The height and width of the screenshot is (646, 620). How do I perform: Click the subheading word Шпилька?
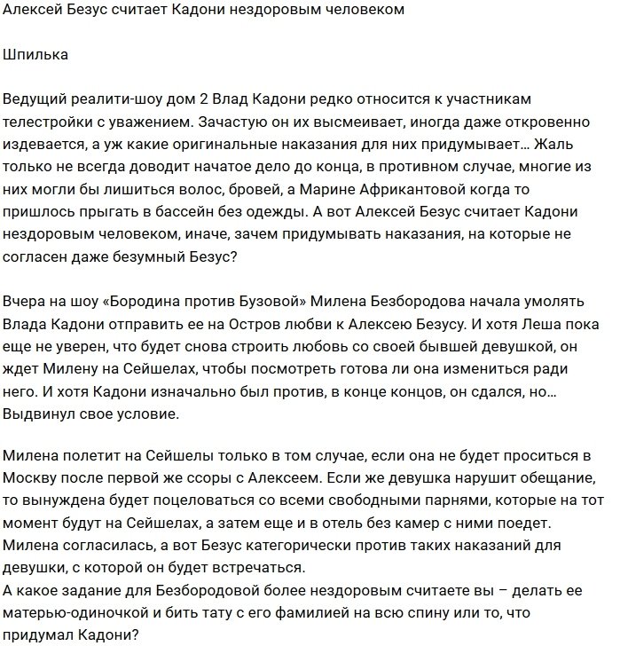35,55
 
